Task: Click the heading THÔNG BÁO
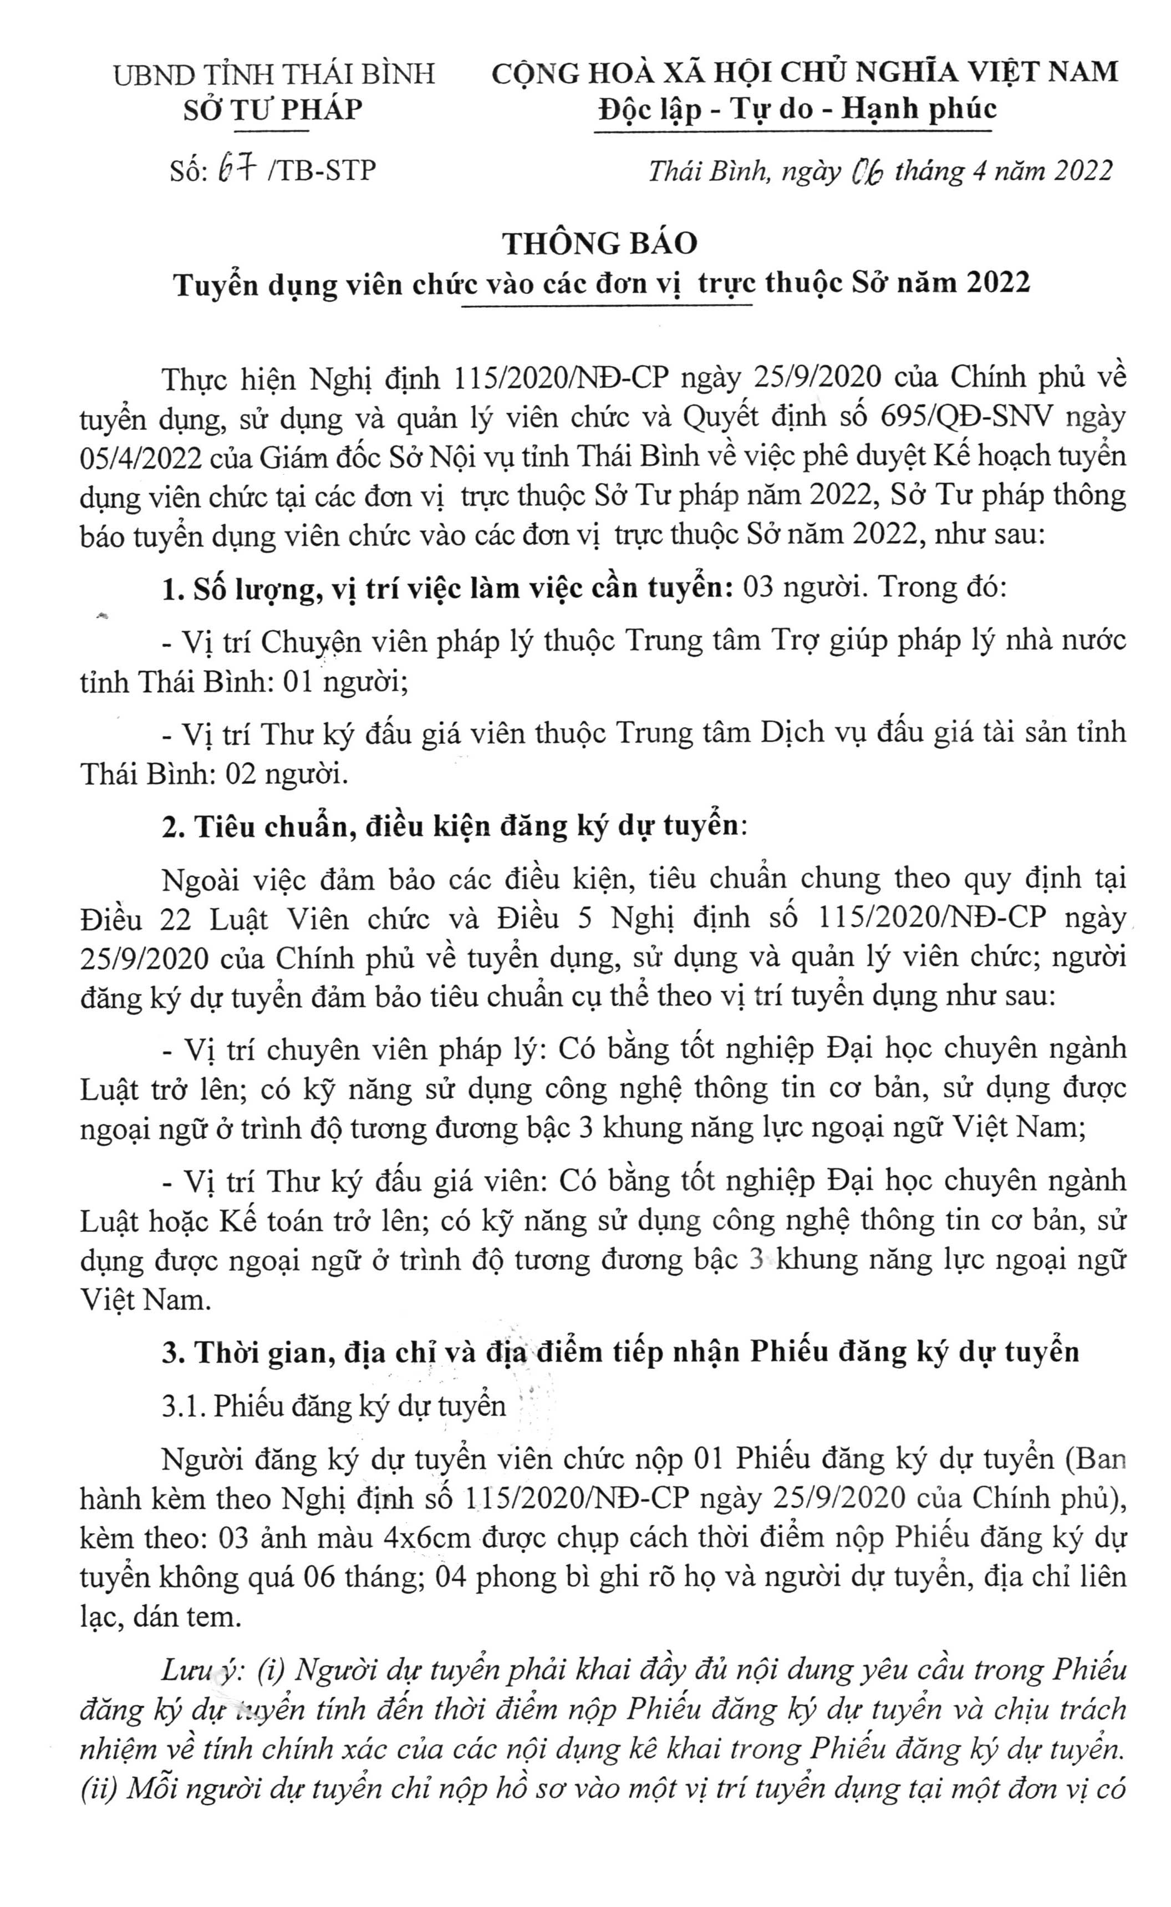coord(600,243)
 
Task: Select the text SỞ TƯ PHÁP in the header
coord(273,110)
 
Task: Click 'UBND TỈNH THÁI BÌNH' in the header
coord(273,74)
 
